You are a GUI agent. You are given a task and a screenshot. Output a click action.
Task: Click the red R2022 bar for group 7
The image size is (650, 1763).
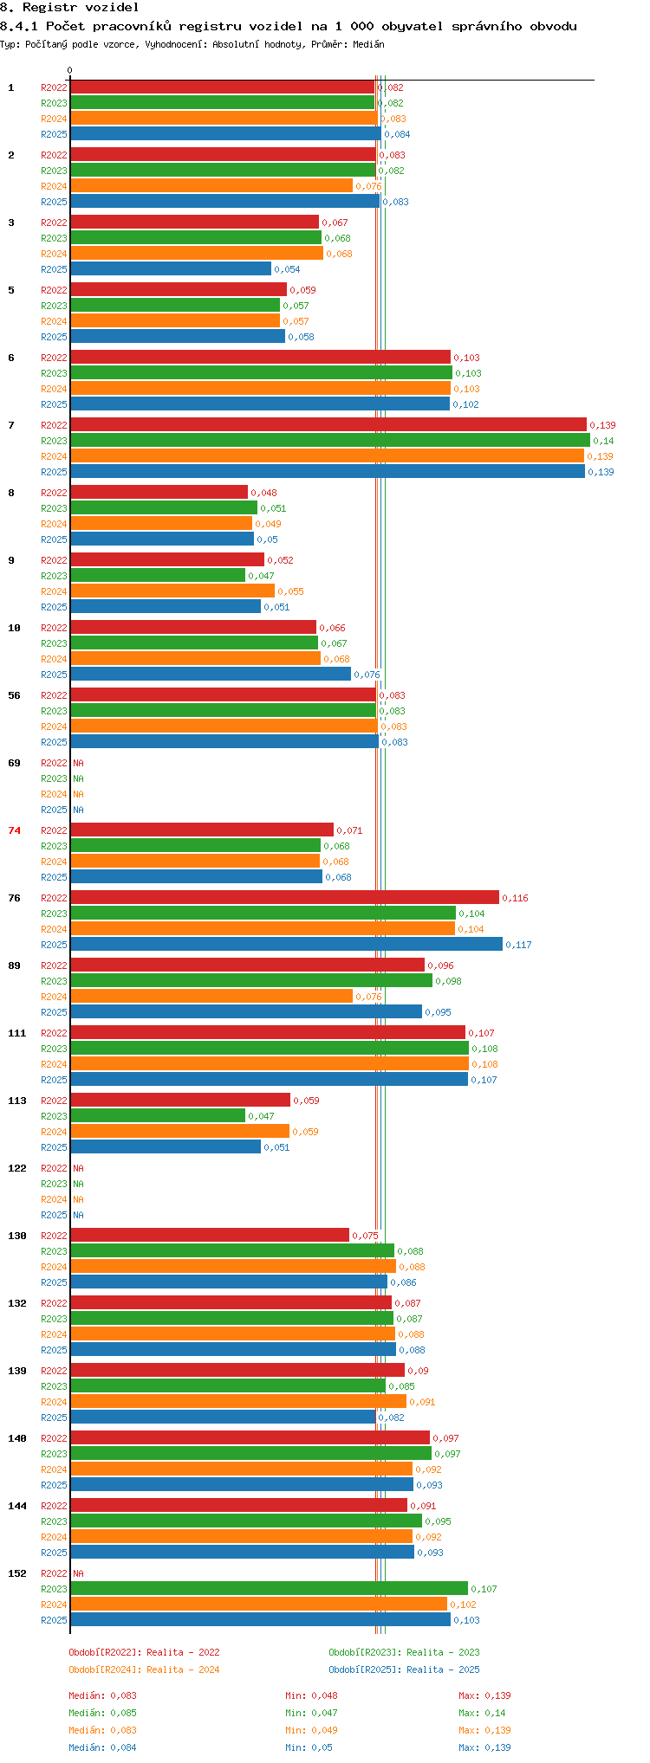pos(328,424)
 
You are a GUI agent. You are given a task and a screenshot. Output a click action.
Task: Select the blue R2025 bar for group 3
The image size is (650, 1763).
pos(171,268)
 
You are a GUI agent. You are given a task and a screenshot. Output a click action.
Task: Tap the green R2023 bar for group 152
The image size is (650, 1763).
pos(269,1588)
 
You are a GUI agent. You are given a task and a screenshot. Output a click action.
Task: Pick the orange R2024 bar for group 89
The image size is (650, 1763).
pos(211,996)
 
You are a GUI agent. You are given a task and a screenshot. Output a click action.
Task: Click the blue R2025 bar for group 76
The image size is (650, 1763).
pos(286,944)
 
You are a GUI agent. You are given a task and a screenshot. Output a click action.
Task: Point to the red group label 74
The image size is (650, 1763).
pos(15,830)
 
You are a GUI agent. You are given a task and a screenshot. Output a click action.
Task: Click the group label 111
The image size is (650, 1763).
pos(17,1033)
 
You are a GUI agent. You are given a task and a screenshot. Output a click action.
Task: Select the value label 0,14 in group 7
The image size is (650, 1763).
pos(603,441)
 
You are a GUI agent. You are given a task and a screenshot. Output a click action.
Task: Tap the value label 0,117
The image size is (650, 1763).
pos(518,945)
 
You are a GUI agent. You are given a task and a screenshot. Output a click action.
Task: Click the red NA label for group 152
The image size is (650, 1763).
pos(78,1573)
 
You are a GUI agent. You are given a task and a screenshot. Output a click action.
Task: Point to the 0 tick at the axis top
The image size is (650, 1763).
pos(70,70)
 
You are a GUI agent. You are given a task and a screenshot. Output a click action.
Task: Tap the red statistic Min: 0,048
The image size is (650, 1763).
pos(311,1695)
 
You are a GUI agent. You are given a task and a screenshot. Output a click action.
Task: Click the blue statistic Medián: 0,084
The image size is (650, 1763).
pos(102,1747)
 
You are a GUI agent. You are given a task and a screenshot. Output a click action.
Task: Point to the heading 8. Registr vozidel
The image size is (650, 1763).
pos(69,8)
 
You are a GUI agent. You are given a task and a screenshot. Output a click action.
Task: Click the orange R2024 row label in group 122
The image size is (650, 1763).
pos(54,1199)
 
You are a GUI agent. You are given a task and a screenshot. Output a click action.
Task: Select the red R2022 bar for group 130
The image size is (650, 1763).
pos(210,1235)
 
